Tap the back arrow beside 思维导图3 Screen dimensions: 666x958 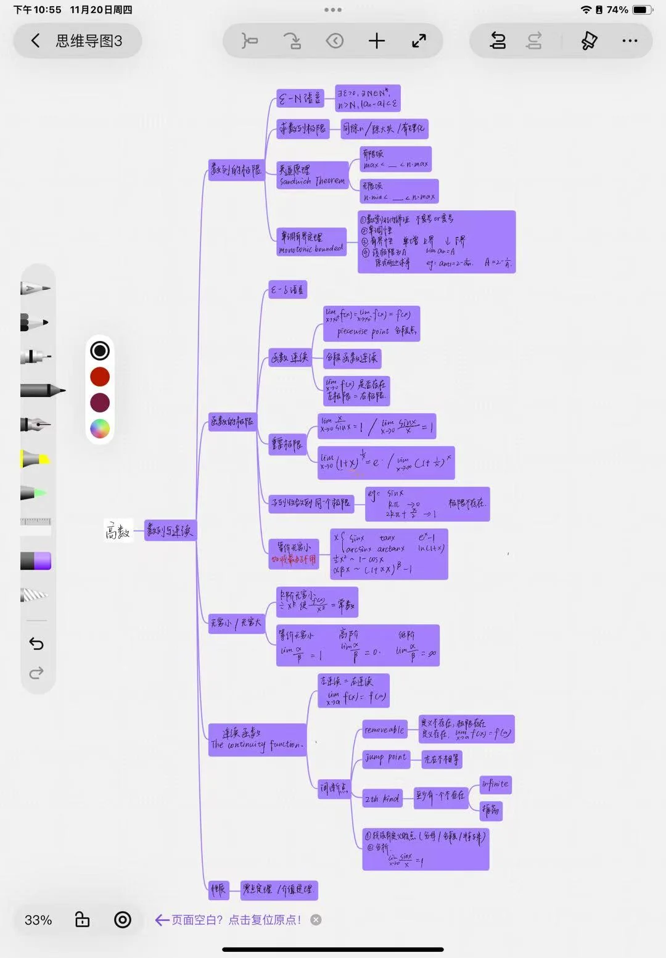tap(36, 41)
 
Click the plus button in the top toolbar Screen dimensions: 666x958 tap(376, 41)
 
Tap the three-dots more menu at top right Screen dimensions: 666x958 tap(630, 41)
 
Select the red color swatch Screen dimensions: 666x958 tap(100, 377)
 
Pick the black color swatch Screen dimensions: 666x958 tap(100, 351)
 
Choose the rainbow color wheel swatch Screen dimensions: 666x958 tap(100, 428)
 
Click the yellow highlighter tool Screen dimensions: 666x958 tap(35, 459)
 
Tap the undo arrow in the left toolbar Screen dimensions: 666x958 tap(36, 644)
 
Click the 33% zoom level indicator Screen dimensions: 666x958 tap(38, 920)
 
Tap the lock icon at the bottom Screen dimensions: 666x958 tap(82, 920)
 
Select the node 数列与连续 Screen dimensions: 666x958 tap(170, 530)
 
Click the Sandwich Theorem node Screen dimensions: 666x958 tap(312, 175)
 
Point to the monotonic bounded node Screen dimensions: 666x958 tap(311, 242)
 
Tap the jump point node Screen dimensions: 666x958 tap(385, 758)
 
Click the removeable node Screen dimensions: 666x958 tap(384, 730)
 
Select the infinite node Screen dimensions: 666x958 tap(495, 784)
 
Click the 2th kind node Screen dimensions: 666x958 tap(382, 799)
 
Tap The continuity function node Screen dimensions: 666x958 tap(257, 739)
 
